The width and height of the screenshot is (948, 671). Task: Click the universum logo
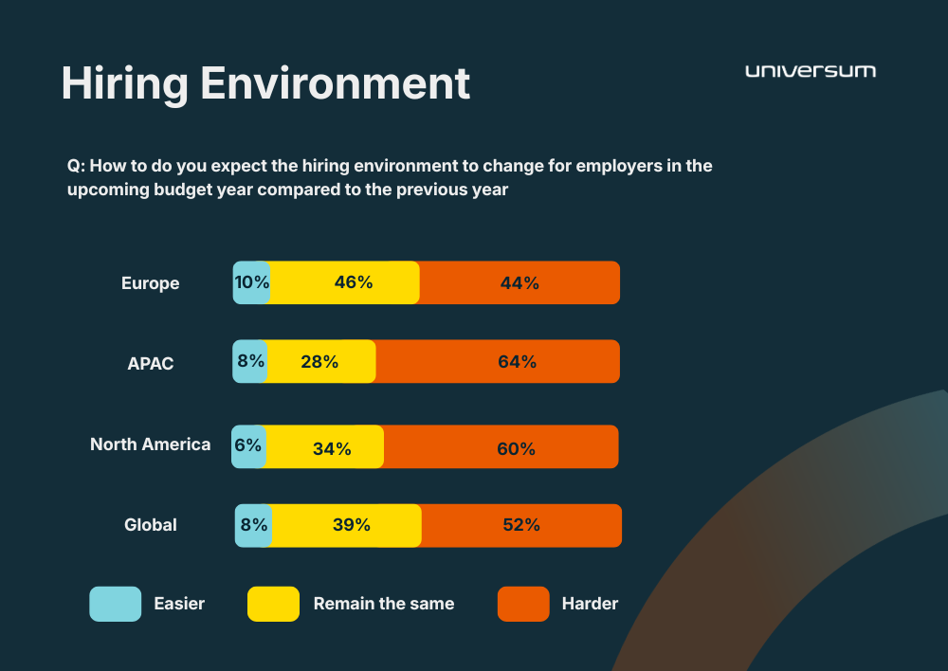pos(811,71)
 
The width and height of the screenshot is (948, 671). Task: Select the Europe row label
pos(150,283)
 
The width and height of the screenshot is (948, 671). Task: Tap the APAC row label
pos(151,363)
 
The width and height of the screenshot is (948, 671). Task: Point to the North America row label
pos(150,444)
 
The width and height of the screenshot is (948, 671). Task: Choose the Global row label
pos(150,524)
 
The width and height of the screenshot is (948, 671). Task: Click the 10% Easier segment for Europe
pos(251,282)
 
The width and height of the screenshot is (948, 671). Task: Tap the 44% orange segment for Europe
pos(520,282)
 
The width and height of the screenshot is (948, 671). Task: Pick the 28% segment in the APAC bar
pos(320,361)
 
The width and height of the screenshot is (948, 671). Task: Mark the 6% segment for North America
pos(247,446)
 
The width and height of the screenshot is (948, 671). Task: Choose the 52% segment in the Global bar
pos(521,525)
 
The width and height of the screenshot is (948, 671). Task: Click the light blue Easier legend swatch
pos(115,604)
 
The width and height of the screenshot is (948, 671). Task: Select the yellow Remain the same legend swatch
pos(273,604)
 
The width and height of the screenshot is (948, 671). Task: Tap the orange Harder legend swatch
pos(523,604)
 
